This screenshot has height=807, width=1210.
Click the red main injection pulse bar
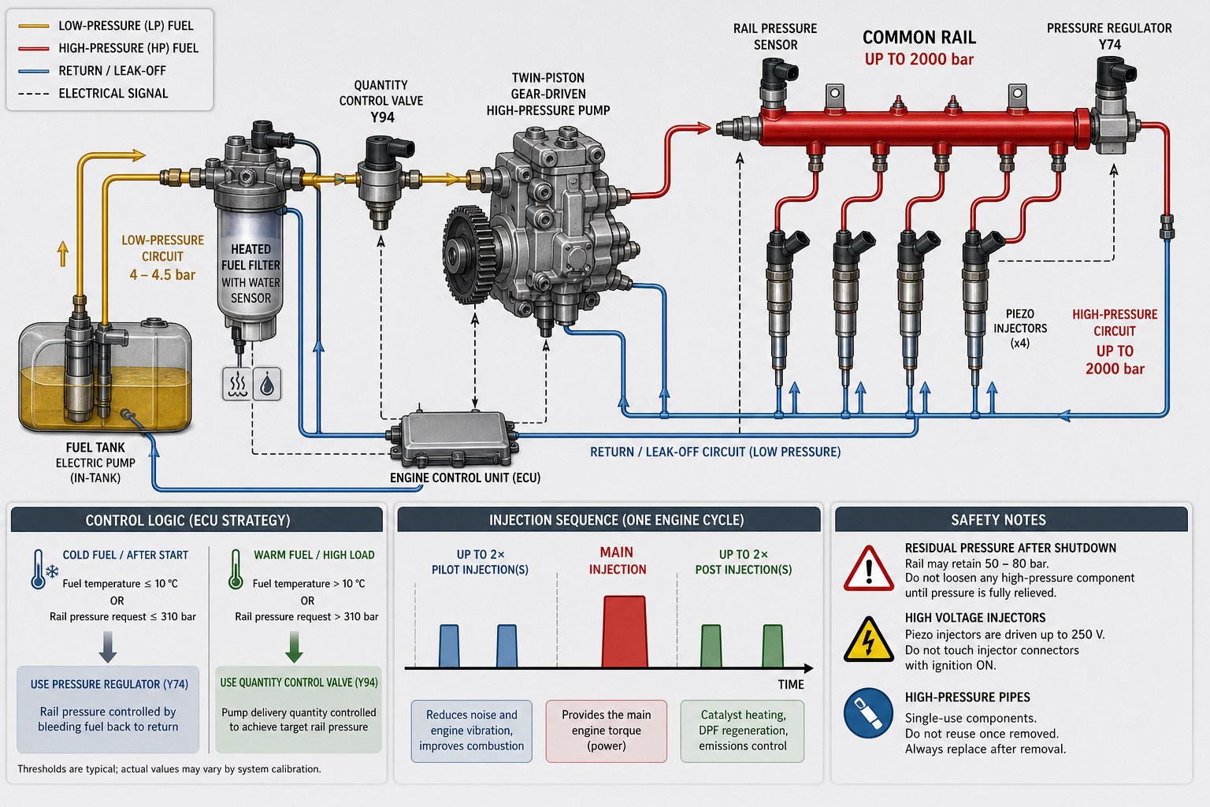(x=625, y=631)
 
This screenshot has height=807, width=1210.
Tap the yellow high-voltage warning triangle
(x=868, y=640)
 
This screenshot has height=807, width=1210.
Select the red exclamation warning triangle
(x=868, y=569)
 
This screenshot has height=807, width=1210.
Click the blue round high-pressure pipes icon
(x=868, y=713)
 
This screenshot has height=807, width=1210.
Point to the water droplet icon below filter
(x=267, y=385)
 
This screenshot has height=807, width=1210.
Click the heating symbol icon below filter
(x=237, y=385)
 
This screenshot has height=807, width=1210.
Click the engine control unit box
(x=453, y=438)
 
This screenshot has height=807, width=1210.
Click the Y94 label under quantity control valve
(x=382, y=117)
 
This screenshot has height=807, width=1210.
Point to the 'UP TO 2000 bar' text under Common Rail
(x=919, y=59)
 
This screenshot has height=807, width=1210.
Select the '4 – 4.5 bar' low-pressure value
(x=162, y=275)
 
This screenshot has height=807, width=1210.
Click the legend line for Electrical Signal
(x=34, y=94)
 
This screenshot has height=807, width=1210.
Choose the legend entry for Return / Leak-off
(x=92, y=71)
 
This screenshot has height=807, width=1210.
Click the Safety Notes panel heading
(x=998, y=520)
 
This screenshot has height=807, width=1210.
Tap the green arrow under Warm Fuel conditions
(x=294, y=646)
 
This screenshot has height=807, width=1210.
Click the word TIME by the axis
(x=791, y=685)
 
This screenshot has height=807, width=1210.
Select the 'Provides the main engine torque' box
(x=606, y=731)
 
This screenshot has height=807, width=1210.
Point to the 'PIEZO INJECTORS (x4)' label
(x=1020, y=328)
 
